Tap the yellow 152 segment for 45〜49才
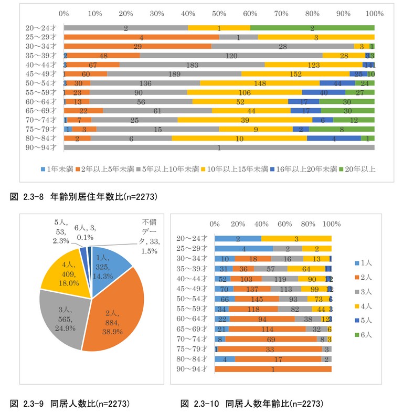click(295, 74)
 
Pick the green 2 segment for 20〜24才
click(312, 28)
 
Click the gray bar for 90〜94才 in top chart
click(219, 148)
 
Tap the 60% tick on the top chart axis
click(250, 13)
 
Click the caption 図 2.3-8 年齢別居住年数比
click(84, 197)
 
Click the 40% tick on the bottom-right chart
click(261, 224)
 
